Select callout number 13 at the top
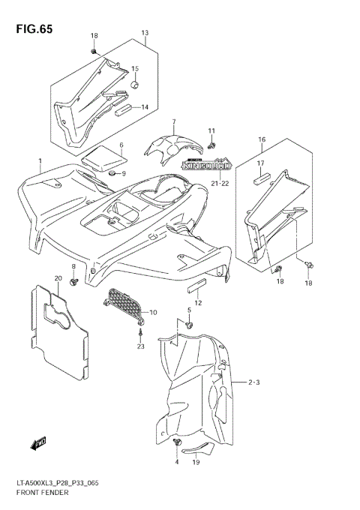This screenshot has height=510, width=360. pyautogui.click(x=145, y=33)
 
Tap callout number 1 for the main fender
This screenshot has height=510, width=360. pyautogui.click(x=40, y=161)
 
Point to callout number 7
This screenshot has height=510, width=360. pyautogui.click(x=173, y=121)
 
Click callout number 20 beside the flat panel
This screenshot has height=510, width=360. pyautogui.click(x=57, y=278)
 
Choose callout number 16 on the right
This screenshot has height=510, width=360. pyautogui.click(x=262, y=139)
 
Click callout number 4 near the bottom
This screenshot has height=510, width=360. pyautogui.click(x=177, y=462)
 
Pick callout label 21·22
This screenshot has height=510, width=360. pyautogui.click(x=219, y=183)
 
